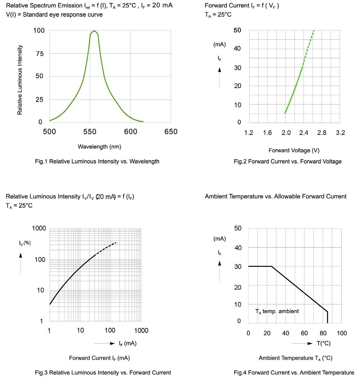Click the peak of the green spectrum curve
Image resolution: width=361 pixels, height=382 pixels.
[94, 31]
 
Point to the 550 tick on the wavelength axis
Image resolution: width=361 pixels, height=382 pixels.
[90, 132]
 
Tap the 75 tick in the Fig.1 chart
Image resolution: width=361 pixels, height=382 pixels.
[39, 54]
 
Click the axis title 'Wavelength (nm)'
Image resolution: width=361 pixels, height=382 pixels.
[99, 147]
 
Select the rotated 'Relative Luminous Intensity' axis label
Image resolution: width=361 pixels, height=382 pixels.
[20, 80]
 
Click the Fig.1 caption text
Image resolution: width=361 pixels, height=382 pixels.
[97, 161]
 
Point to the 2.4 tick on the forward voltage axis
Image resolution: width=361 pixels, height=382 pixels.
[304, 133]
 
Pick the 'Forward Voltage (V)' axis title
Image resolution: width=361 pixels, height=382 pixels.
[294, 151]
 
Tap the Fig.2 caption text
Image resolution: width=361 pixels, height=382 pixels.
[288, 161]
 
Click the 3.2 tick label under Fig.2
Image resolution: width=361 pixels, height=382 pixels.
[340, 133]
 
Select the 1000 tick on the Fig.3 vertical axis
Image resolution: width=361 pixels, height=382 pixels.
[39, 229]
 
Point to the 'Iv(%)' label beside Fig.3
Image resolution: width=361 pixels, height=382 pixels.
[25, 243]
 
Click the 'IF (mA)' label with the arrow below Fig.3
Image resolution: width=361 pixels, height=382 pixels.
[127, 343]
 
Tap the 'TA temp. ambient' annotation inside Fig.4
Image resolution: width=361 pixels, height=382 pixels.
[277, 311]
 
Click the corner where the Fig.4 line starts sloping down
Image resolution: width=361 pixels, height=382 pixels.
[272, 266]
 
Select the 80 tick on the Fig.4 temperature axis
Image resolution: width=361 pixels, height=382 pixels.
[323, 333]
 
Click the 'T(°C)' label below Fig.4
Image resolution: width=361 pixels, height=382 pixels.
[323, 343]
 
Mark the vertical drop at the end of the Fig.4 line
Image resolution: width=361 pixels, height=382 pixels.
[327, 317]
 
